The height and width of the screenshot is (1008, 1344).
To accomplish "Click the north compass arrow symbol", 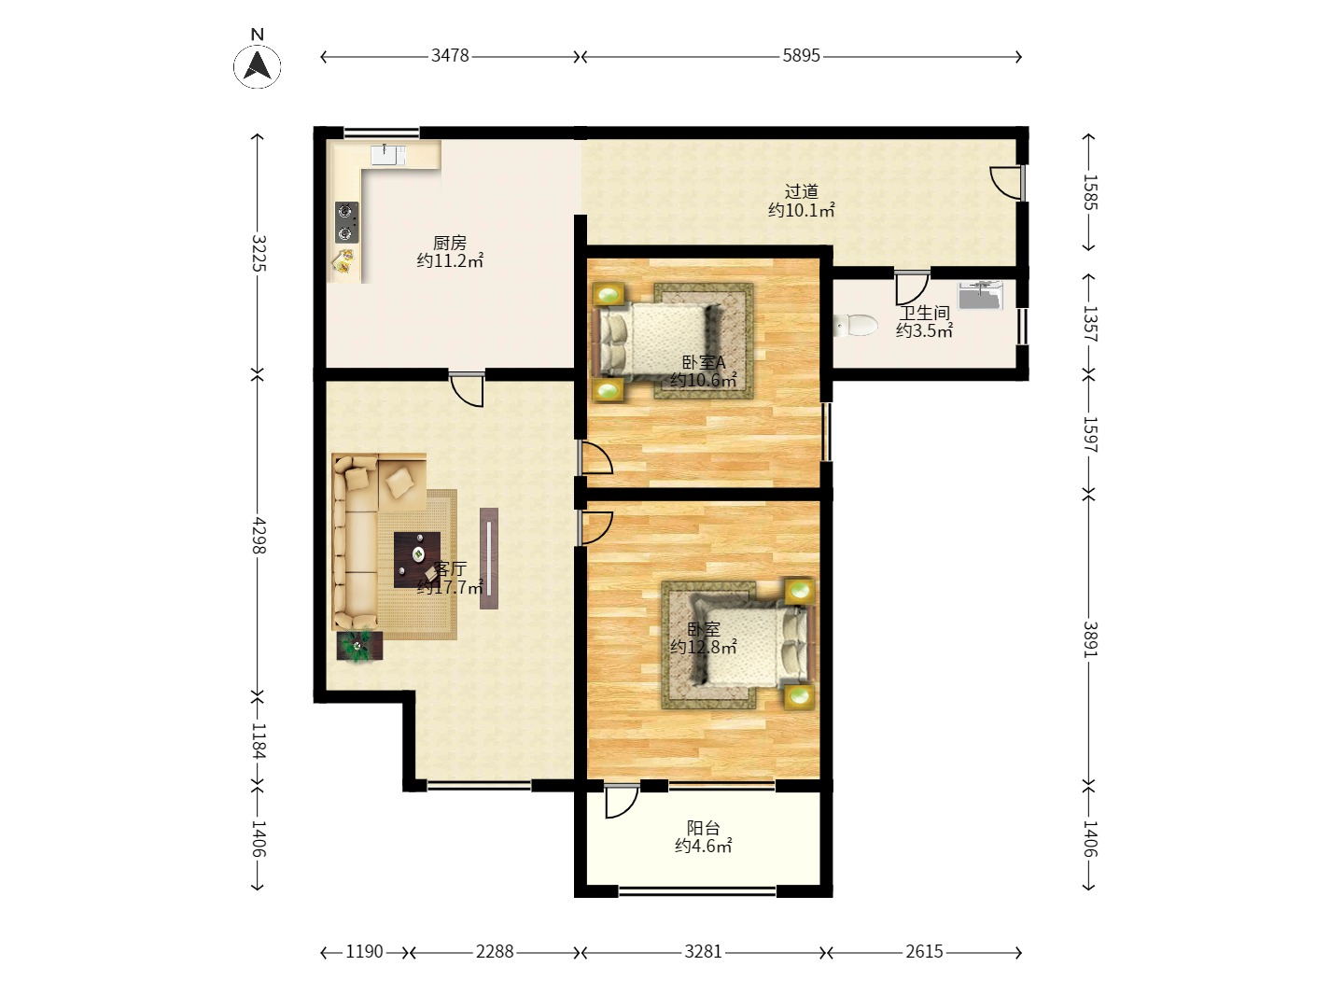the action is (x=258, y=65).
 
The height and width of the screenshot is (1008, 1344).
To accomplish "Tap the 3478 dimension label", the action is (x=450, y=56).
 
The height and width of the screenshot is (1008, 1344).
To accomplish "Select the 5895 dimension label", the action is (x=801, y=56).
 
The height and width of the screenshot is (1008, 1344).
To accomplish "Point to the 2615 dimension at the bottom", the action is (x=925, y=952).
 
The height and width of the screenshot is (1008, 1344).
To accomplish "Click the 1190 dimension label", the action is (x=364, y=952).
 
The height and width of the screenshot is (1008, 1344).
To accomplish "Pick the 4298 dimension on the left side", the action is (x=259, y=535).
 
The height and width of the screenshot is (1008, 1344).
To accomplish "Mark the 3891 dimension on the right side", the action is (x=1090, y=639).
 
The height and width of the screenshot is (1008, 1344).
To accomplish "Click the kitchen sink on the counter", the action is (x=388, y=155).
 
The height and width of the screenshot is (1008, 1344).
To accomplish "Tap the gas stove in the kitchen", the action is (x=346, y=222).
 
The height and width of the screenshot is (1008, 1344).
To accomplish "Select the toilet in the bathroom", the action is (x=855, y=325).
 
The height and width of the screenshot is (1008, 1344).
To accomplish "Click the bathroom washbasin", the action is (x=980, y=295).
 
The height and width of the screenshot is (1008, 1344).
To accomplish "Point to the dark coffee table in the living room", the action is (x=417, y=559).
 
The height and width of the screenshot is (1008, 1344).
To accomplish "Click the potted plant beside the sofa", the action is (x=359, y=646).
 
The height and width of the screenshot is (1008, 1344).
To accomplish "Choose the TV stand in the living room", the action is (x=489, y=558).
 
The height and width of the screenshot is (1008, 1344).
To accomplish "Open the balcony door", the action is (x=622, y=801).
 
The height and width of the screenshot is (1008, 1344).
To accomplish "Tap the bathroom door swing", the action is (x=912, y=287).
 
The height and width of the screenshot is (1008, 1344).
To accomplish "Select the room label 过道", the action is (x=801, y=191).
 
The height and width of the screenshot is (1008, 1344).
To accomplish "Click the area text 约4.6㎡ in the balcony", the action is (x=703, y=846).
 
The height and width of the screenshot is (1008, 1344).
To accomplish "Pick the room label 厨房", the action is (x=450, y=243).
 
